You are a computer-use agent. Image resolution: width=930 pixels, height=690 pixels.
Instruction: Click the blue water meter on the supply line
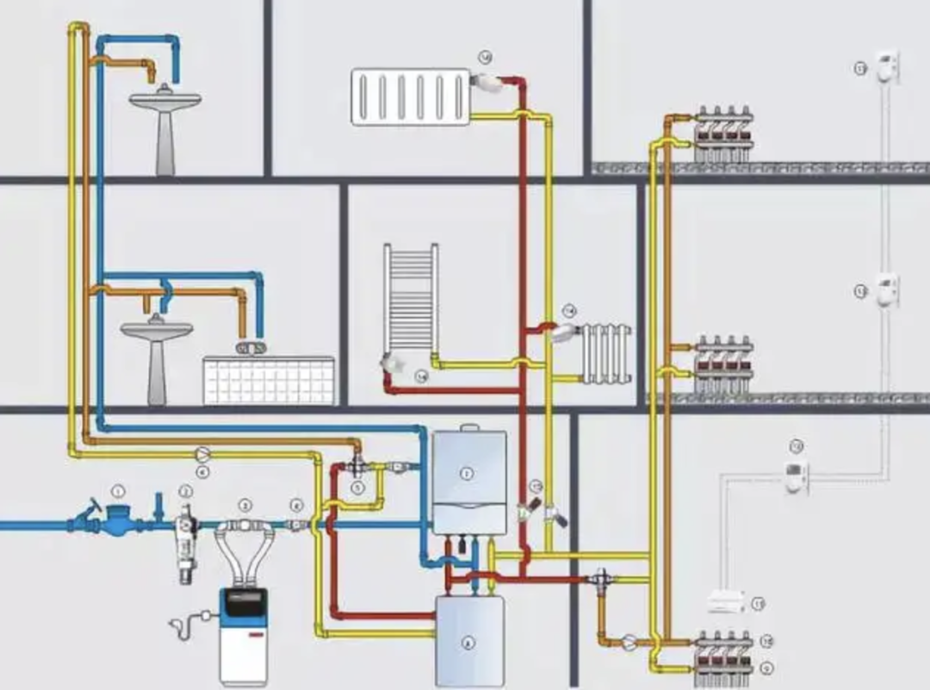115,523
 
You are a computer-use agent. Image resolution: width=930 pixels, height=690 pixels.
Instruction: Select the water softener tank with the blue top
243,633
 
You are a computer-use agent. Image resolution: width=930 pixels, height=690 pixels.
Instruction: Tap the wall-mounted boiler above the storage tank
468,482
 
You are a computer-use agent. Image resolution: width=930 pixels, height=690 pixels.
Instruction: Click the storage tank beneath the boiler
469,640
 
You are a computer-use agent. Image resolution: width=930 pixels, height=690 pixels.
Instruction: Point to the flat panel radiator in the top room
410,96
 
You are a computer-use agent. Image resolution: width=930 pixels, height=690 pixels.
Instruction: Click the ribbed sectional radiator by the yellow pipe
606,353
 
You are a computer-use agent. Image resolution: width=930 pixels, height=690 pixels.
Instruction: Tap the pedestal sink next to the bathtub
156,354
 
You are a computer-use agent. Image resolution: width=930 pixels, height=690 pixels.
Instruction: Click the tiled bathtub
269,380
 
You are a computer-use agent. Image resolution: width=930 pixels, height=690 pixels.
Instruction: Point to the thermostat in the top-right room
888,67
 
